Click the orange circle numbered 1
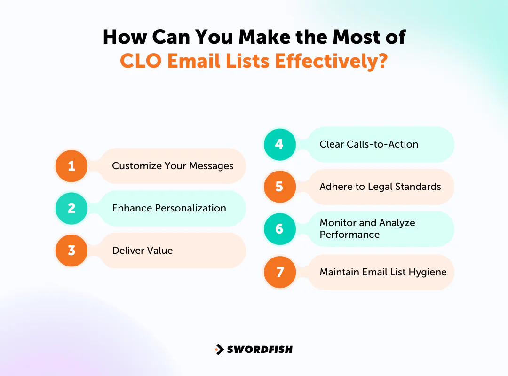click(71, 166)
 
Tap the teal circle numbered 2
click(71, 208)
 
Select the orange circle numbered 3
click(71, 251)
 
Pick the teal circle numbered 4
click(279, 144)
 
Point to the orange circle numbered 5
click(279, 187)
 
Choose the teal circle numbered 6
click(279, 229)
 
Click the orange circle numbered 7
click(279, 272)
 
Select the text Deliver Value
click(143, 251)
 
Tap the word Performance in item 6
click(349, 235)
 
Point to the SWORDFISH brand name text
click(260, 349)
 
